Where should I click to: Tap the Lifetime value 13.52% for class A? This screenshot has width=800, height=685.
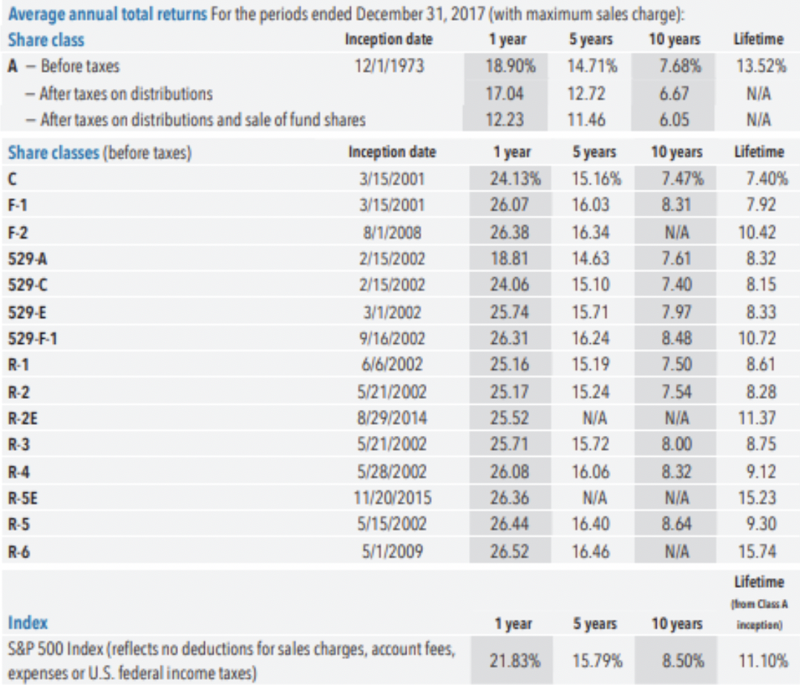(761, 66)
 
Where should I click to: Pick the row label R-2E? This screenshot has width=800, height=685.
(23, 417)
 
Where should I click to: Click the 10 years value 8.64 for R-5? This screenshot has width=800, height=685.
(677, 524)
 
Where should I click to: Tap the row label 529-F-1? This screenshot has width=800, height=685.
(33, 338)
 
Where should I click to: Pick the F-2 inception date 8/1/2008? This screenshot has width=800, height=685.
(394, 232)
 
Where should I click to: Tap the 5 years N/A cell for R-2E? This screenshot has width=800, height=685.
(592, 417)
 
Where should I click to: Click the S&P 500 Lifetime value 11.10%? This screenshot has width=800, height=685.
(762, 660)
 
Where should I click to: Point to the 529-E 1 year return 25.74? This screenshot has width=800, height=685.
(508, 311)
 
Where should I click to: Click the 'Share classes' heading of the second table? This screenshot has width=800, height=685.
(53, 153)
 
